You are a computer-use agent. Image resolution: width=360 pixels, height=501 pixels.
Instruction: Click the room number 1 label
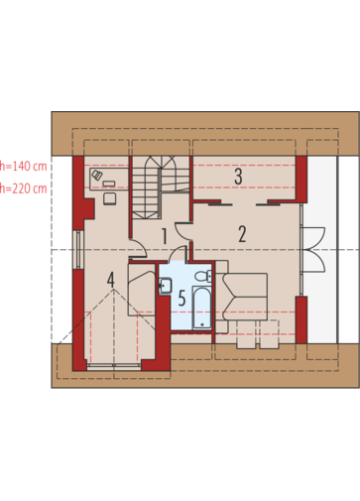164,236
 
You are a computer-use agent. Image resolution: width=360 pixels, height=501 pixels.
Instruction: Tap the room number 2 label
242,234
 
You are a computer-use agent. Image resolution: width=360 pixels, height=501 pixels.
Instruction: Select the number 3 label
238,177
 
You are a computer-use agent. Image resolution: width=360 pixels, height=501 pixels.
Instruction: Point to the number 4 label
111,280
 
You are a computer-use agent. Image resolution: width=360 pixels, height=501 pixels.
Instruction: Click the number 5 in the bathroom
181,298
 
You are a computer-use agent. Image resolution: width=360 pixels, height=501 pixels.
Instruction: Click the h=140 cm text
23,166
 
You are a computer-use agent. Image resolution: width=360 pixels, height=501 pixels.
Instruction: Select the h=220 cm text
23,188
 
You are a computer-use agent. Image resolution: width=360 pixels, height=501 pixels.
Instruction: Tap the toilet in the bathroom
203,276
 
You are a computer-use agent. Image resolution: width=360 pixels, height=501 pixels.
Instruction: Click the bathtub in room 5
202,308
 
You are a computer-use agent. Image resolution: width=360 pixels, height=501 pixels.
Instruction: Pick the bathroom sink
165,286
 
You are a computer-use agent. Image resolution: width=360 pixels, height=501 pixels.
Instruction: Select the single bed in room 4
142,289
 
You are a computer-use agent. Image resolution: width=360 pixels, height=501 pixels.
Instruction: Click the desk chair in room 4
109,198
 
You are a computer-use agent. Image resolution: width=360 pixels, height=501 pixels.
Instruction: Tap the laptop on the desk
97,175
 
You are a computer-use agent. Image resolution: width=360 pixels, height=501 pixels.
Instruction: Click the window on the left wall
78,249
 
